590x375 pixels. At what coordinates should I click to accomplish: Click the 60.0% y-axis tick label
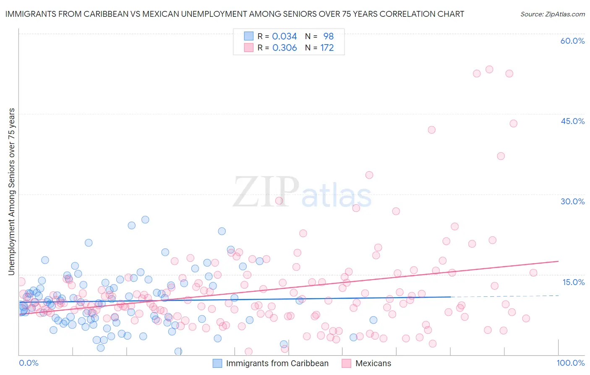pyautogui.click(x=572, y=41)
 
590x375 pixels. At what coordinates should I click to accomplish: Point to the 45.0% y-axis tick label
pyautogui.click(x=572, y=121)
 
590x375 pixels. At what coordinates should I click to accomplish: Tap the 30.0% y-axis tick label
pyautogui.click(x=572, y=201)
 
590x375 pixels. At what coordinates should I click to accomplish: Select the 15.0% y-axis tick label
pyautogui.click(x=573, y=282)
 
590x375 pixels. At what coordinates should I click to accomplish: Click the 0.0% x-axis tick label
pyautogui.click(x=29, y=363)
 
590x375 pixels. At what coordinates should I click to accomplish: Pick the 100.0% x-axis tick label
pyautogui.click(x=571, y=363)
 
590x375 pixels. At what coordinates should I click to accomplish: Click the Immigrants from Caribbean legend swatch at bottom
pyautogui.click(x=217, y=363)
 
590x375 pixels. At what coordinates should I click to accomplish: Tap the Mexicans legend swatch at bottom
pyautogui.click(x=346, y=363)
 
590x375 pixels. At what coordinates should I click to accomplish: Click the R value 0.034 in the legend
pyautogui.click(x=285, y=37)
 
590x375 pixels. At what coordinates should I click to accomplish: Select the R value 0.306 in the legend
pyautogui.click(x=285, y=48)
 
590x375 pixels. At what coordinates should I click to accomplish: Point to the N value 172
pyautogui.click(x=327, y=48)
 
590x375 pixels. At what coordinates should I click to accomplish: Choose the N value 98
pyautogui.click(x=328, y=37)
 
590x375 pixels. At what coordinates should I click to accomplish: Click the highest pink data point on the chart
pyautogui.click(x=489, y=69)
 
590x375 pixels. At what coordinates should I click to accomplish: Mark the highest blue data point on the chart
pyautogui.click(x=145, y=219)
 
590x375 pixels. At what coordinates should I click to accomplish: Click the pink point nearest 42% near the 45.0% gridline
pyautogui.click(x=431, y=130)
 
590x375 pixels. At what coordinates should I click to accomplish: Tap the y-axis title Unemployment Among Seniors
pyautogui.click(x=12, y=192)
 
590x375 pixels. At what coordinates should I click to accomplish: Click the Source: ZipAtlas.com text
pyautogui.click(x=552, y=14)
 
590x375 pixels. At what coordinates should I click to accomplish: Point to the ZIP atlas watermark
pyautogui.click(x=302, y=193)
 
